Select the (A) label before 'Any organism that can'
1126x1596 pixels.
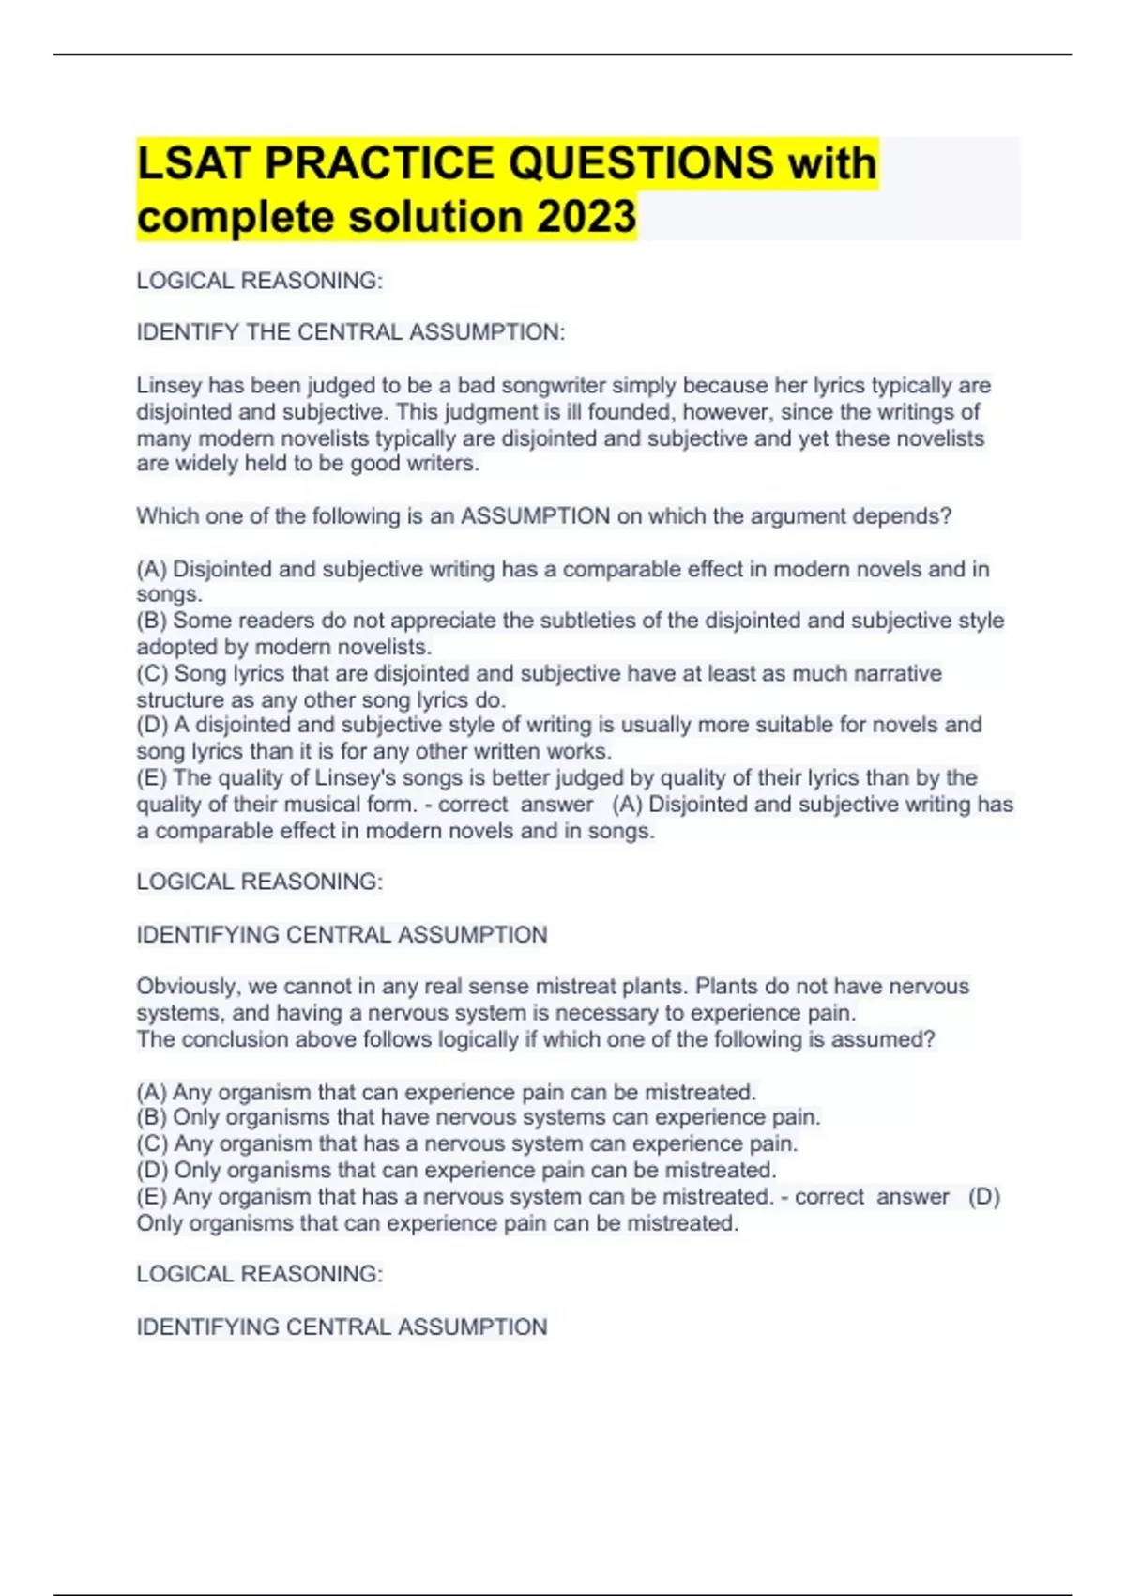tap(151, 1092)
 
